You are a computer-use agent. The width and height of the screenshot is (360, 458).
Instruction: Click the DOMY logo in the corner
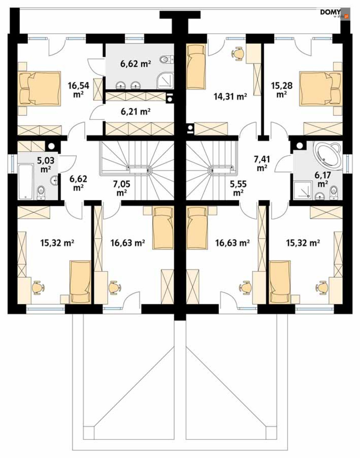[335, 14]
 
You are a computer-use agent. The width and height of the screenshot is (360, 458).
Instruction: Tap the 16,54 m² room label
[78, 90]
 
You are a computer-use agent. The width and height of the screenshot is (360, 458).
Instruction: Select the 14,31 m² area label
[230, 97]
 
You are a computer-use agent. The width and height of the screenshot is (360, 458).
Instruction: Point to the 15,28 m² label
[281, 90]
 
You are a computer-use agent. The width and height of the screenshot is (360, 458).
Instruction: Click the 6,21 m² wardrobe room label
[135, 111]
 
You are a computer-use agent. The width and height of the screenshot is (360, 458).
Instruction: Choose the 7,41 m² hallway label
[262, 164]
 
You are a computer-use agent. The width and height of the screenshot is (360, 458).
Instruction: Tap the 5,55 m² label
[238, 188]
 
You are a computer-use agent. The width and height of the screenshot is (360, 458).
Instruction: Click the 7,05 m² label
[122, 188]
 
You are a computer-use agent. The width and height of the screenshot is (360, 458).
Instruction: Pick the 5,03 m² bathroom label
[46, 165]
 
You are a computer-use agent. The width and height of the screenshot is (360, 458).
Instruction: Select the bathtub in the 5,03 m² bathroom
[26, 182]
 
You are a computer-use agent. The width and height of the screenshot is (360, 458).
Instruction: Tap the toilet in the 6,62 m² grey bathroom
[167, 60]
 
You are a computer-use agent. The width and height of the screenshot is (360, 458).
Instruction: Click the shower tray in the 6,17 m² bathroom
[302, 189]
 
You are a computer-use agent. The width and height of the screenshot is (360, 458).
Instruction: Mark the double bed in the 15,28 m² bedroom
[321, 89]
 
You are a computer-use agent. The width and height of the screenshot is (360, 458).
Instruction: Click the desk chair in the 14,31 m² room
[238, 54]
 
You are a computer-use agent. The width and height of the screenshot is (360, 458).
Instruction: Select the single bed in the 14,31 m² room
[196, 67]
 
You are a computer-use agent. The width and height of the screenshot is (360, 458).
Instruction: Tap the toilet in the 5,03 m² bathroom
[41, 192]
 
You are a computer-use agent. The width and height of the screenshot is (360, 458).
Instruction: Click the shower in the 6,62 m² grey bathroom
[165, 81]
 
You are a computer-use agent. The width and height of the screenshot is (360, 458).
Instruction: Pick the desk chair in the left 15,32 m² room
[38, 288]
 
